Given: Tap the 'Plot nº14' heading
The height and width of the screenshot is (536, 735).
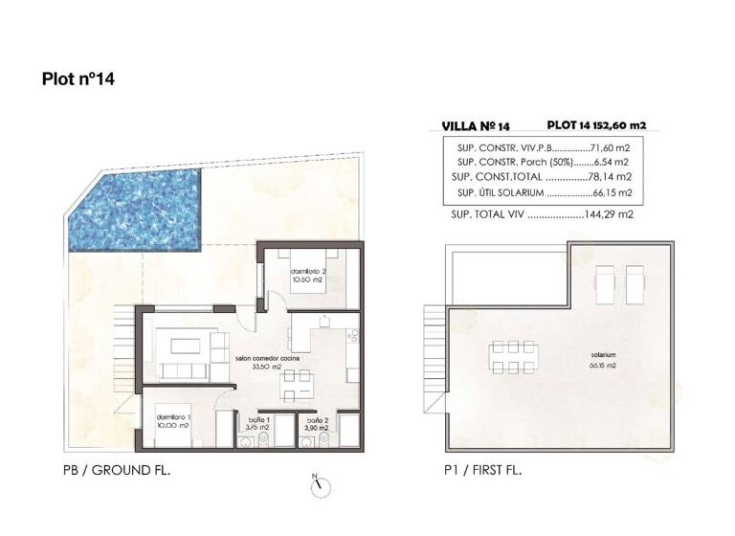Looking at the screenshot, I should click(x=78, y=79).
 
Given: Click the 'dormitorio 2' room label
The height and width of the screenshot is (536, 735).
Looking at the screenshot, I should click(x=310, y=271).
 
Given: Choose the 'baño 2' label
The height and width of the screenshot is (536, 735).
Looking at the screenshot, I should click(x=318, y=420).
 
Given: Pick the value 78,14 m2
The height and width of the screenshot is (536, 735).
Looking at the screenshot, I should click(x=612, y=178).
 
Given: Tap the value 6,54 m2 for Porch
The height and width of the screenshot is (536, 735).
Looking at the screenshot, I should click(x=613, y=164).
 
